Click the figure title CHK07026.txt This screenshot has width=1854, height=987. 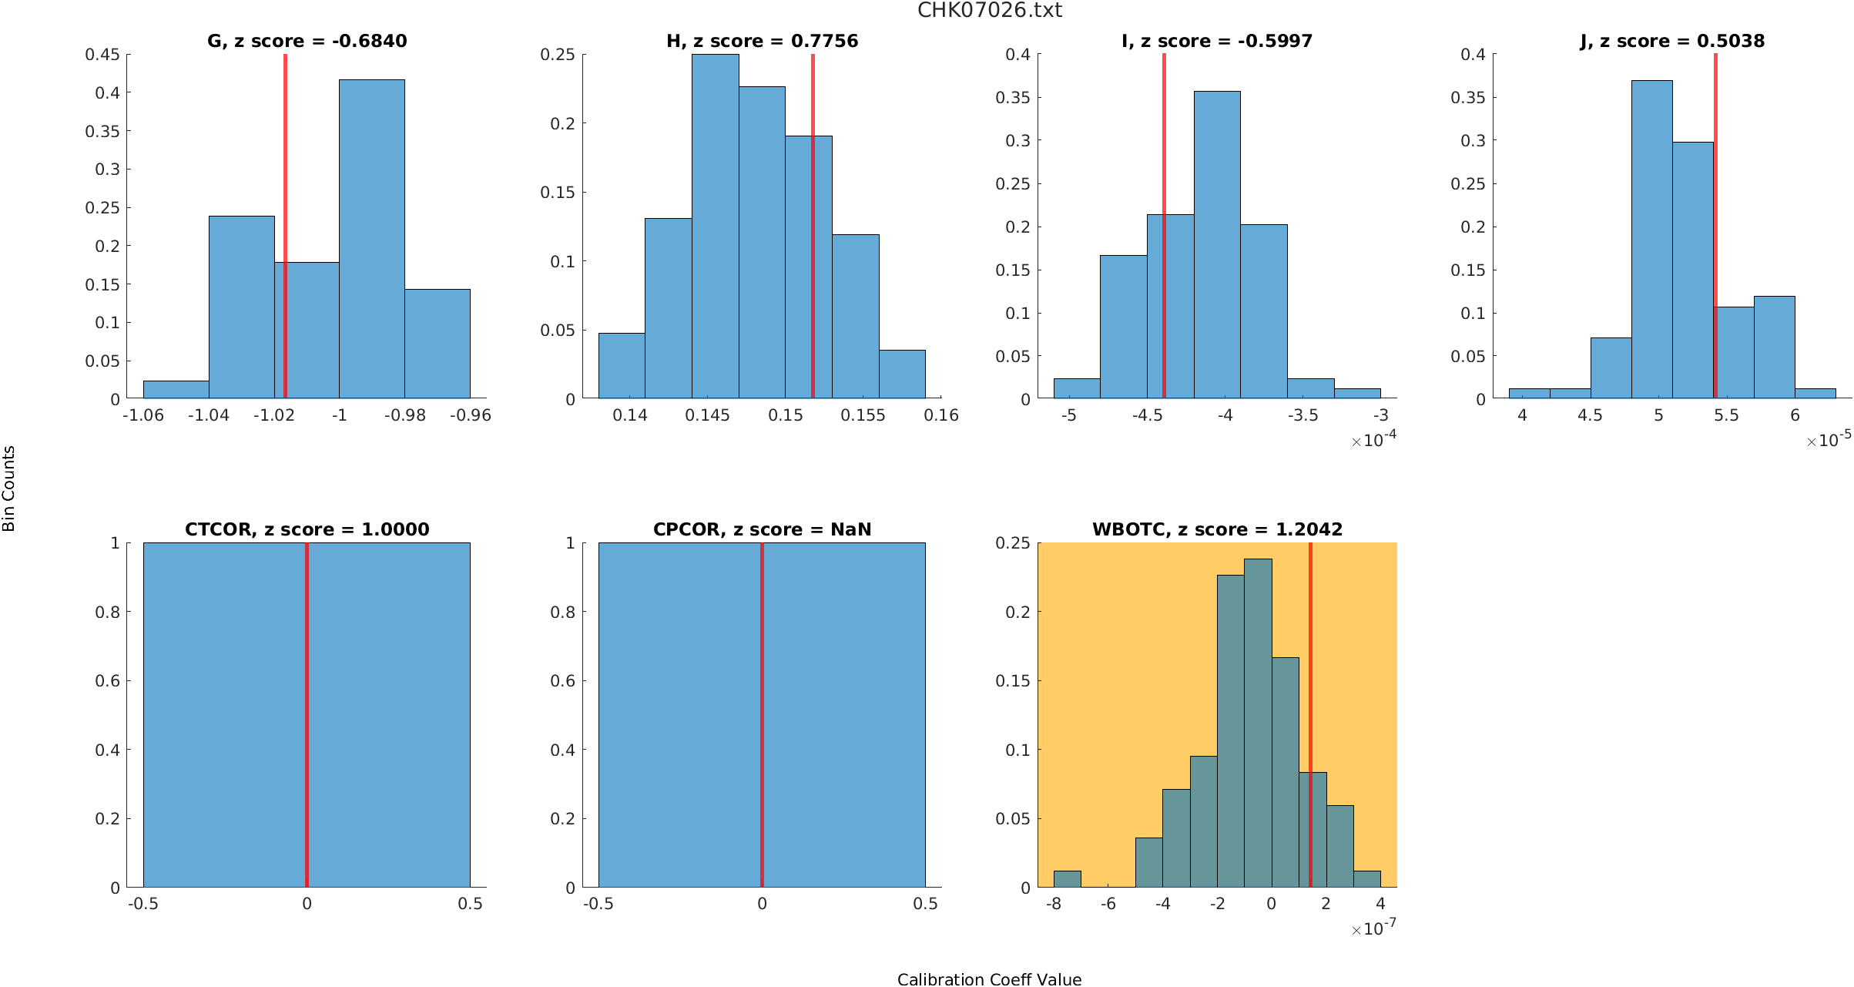[x=989, y=10]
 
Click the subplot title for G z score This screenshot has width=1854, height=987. [x=307, y=41]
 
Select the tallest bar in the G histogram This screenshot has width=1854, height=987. [x=371, y=239]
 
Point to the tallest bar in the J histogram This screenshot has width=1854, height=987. [x=1651, y=239]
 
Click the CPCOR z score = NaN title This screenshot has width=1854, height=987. [x=762, y=529]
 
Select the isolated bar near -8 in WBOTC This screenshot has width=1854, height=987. [x=1067, y=879]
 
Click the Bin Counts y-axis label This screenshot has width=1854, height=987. [x=9, y=488]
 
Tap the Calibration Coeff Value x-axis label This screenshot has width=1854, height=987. [x=989, y=979]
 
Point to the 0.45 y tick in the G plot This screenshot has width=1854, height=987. [x=102, y=55]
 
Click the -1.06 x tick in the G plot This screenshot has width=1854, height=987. [x=143, y=415]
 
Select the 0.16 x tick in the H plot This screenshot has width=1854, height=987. [x=941, y=415]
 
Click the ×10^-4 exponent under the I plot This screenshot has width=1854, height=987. [x=1373, y=440]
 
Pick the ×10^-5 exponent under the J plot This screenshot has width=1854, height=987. [x=1829, y=440]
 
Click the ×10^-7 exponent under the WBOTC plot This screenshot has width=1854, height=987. [x=1373, y=928]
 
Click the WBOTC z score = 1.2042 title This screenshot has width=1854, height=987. [x=1217, y=529]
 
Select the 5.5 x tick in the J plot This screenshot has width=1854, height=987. [x=1726, y=415]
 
